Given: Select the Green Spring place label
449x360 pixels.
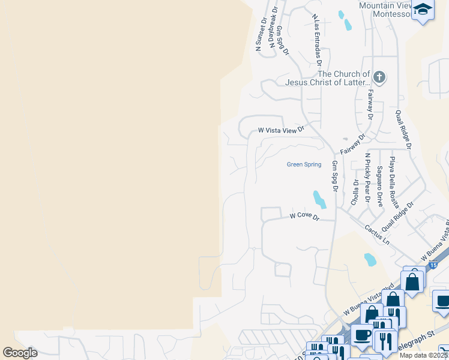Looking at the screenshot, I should coord(304,164).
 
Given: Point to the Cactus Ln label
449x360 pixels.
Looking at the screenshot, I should coord(378,234).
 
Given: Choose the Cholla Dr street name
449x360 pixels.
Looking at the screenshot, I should coord(355,191).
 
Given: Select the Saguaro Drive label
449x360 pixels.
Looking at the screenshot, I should coord(379,187).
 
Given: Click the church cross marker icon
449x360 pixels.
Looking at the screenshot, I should coord(379,77).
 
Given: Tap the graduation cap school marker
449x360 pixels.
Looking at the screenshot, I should coord(423,10).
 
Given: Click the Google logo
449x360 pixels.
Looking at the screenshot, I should coord(20,353).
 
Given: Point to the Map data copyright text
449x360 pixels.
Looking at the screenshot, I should coord(423,355).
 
